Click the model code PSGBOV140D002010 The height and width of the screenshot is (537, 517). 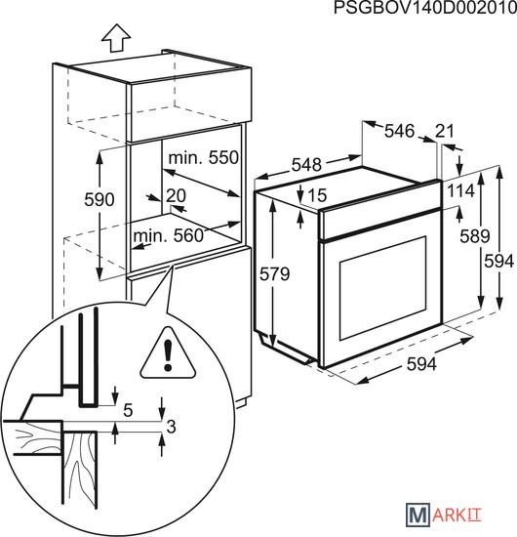point(425,8)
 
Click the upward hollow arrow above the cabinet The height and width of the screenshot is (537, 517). point(116,38)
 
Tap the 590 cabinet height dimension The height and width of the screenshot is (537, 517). point(99,199)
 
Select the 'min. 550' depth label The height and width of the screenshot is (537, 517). point(204,158)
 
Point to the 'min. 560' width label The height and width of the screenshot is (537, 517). point(169,235)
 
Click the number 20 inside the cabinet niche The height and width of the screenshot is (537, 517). point(177,195)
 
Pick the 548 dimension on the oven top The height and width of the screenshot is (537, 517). point(306,165)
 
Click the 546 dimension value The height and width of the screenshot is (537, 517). point(399,131)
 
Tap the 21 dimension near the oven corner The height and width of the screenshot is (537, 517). point(445,131)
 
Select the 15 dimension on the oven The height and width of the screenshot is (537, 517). point(318,195)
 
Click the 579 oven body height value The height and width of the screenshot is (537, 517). point(274,274)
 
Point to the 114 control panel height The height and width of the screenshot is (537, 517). point(461,190)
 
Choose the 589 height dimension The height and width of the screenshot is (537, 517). point(475,236)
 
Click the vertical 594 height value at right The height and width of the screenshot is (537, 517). point(498,262)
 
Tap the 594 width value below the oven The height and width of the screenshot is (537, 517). point(421,364)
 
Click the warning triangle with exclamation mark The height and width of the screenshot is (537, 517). point(168,353)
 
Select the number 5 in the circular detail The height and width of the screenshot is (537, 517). point(128,410)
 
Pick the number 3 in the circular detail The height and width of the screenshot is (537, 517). point(171,427)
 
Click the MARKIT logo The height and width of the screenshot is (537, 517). point(444,515)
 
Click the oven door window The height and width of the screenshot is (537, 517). point(383,288)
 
